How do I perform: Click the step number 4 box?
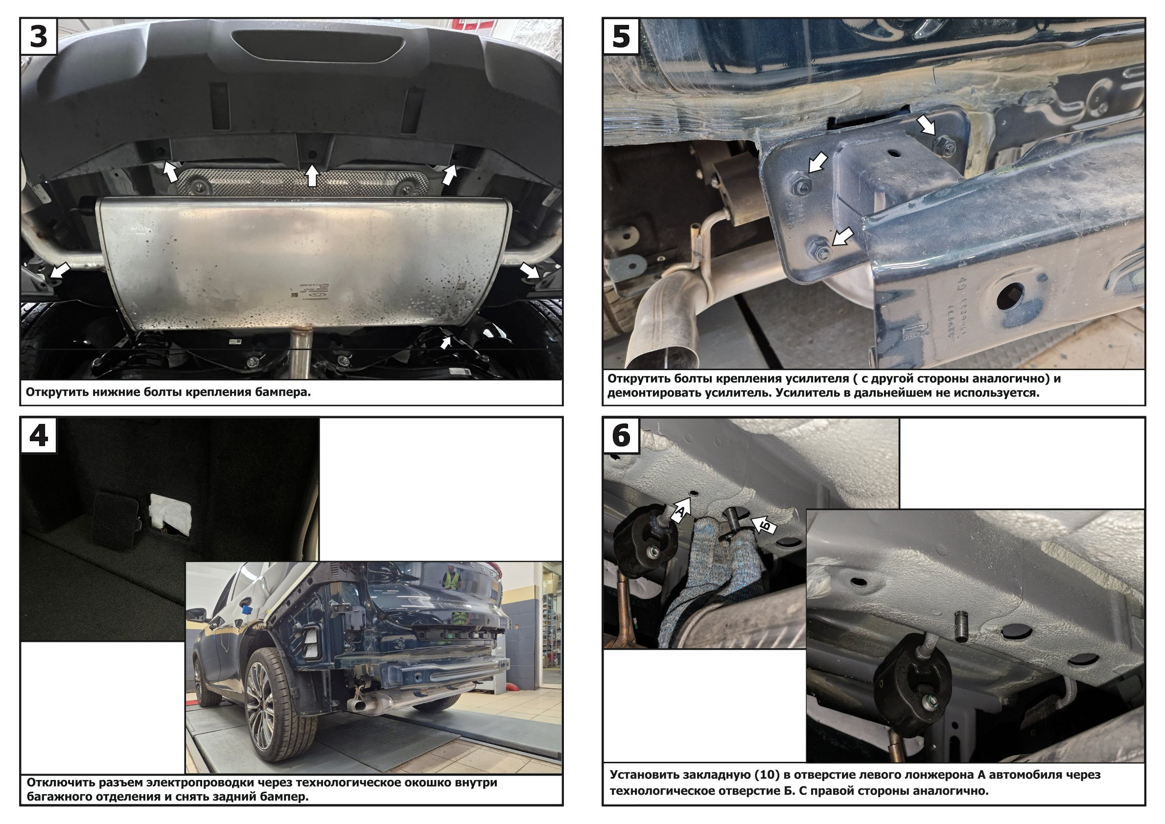[39, 435]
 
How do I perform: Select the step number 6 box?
[621, 435]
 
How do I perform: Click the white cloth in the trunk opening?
[170, 513]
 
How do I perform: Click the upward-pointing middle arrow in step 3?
[312, 176]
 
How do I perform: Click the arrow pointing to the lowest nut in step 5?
[843, 237]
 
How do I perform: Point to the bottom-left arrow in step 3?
[59, 270]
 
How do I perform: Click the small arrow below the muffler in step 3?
[445, 343]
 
